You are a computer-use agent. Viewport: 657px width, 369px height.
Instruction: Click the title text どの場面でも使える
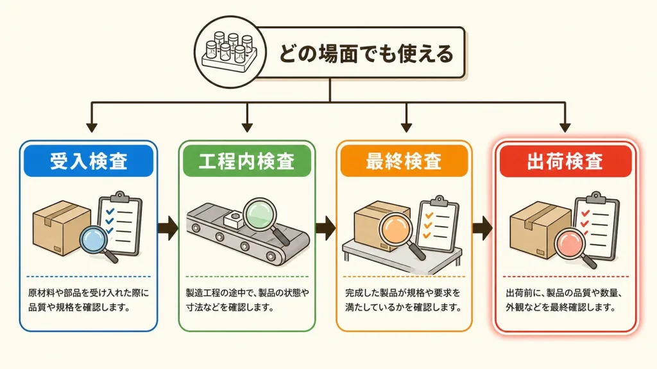[366, 54]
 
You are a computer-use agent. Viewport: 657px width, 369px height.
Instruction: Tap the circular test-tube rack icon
[230, 52]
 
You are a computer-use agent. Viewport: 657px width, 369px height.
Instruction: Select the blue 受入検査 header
[89, 161]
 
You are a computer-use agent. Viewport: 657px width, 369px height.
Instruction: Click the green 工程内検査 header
[247, 161]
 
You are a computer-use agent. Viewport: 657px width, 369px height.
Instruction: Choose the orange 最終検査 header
[404, 161]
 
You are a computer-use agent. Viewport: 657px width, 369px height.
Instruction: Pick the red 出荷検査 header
[565, 161]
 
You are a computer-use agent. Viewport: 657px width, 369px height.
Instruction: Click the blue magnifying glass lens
[94, 240]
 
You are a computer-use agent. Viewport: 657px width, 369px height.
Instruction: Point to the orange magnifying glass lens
[395, 230]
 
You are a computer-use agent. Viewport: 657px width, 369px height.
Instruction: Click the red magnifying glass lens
[570, 245]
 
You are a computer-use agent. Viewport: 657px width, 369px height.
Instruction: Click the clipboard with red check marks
[597, 226]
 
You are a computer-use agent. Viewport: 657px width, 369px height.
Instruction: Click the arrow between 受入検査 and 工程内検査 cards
[168, 228]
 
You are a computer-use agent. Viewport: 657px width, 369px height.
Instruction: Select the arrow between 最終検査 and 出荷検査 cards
[482, 228]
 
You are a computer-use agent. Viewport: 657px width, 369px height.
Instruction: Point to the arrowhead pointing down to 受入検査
[92, 127]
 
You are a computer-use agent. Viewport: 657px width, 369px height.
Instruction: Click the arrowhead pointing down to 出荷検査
[565, 127]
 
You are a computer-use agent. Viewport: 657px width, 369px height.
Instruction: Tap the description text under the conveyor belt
[247, 300]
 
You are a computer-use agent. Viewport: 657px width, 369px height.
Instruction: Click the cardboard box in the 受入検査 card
[62, 228]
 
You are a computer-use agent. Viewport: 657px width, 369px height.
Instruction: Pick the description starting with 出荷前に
[563, 300]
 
